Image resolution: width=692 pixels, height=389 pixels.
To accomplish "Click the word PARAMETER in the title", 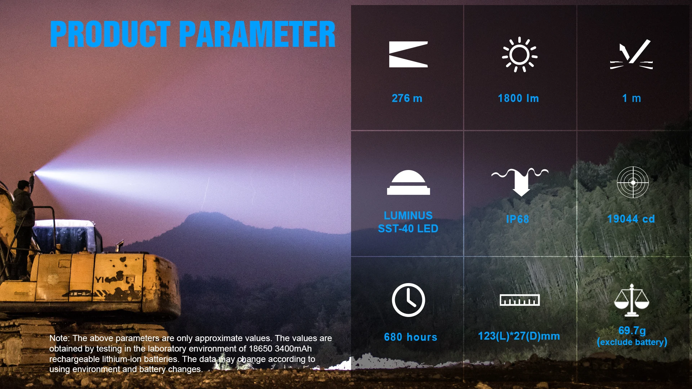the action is point(257,34).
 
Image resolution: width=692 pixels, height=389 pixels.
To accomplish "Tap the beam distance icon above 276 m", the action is point(408,54).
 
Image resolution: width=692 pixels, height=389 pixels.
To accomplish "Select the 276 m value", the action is point(407,98).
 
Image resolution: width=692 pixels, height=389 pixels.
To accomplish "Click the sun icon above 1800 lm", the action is point(520,55).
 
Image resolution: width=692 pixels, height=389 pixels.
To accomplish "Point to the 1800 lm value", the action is point(518,98).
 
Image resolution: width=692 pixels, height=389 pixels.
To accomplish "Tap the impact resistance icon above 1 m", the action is point(631,54).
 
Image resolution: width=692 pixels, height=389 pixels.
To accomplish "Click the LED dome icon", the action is point(408,182).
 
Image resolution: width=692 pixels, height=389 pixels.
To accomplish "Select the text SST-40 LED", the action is point(408,229).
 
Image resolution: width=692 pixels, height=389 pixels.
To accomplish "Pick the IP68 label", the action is point(518,219).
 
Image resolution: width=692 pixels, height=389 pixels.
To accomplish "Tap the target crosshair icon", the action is point(633,182).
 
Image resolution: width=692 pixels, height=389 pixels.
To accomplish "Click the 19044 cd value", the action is point(631,219).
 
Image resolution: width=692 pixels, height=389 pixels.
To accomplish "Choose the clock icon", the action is point(408,300).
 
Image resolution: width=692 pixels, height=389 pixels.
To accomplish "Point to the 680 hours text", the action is point(411,337).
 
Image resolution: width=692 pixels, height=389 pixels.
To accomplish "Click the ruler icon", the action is point(520,300).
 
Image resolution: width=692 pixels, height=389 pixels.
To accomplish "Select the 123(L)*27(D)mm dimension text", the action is point(519,336).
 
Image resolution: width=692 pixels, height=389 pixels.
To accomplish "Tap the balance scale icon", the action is point(632,300).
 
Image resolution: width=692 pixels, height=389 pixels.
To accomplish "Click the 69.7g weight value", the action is point(632,330).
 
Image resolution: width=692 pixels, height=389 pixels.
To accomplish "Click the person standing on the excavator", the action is point(24,227).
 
